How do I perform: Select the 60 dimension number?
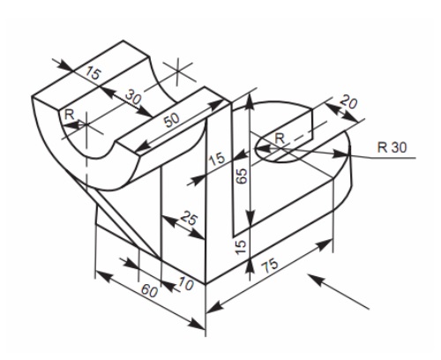click(150, 291)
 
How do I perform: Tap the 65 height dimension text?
click(242, 176)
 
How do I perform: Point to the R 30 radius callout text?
click(392, 147)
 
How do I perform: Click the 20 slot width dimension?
click(348, 102)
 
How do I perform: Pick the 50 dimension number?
click(172, 120)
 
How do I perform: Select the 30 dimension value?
click(133, 97)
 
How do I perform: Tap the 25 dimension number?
click(189, 218)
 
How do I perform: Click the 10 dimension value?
click(186, 284)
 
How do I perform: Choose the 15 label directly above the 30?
click(93, 73)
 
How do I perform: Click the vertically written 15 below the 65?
click(241, 246)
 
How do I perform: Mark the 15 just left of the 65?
click(217, 159)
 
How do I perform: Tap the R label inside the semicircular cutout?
click(69, 115)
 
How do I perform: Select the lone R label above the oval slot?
click(280, 138)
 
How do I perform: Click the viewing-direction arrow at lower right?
click(338, 291)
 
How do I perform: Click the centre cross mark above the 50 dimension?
click(177, 71)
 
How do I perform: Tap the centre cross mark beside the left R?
click(86, 124)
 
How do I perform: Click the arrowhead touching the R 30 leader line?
click(341, 154)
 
